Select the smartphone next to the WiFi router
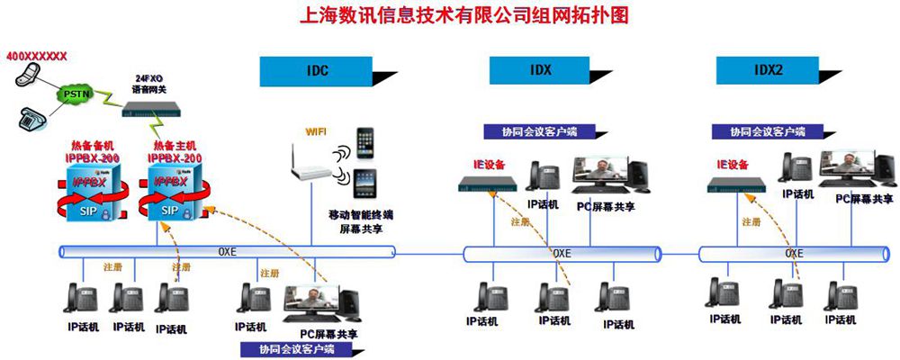(364, 144)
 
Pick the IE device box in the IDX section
(487, 184)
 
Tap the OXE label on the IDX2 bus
(794, 253)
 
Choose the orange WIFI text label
(316, 131)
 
